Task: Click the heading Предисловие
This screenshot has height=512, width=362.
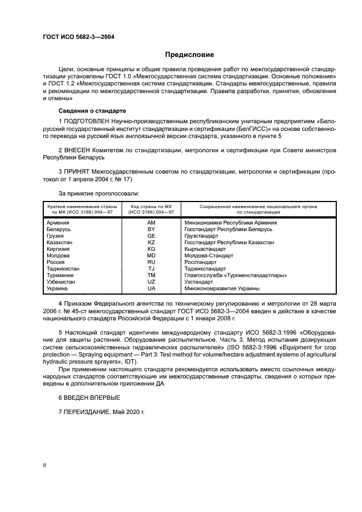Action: click(189, 55)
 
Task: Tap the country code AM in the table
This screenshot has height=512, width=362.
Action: click(152, 223)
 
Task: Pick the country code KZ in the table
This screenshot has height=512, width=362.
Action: click(152, 242)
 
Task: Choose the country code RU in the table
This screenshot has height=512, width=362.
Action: click(152, 262)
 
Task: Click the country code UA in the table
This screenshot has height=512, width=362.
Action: click(152, 288)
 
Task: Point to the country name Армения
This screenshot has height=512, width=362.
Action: click(58, 223)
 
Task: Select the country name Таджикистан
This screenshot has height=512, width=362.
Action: click(63, 269)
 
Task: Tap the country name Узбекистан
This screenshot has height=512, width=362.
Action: click(62, 281)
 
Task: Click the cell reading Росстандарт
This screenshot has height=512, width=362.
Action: click(202, 262)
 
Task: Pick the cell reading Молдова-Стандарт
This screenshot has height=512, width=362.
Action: click(209, 256)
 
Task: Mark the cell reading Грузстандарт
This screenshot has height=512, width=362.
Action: click(203, 236)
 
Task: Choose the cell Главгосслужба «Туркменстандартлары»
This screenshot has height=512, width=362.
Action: click(235, 275)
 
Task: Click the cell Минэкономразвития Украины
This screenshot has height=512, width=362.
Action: click(222, 288)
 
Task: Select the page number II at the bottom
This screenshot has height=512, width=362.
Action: click(45, 463)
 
